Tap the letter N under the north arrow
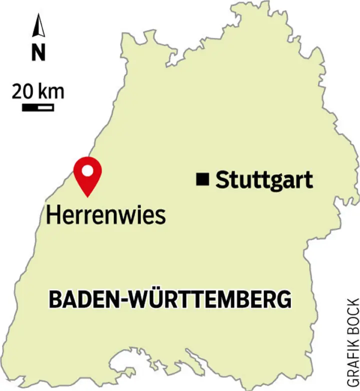pos(38,52)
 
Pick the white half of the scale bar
pos(45,107)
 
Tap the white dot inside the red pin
pos(87,171)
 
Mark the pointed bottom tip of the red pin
pos(87,195)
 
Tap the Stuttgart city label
pos(264,179)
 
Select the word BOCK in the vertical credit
pos(352,312)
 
